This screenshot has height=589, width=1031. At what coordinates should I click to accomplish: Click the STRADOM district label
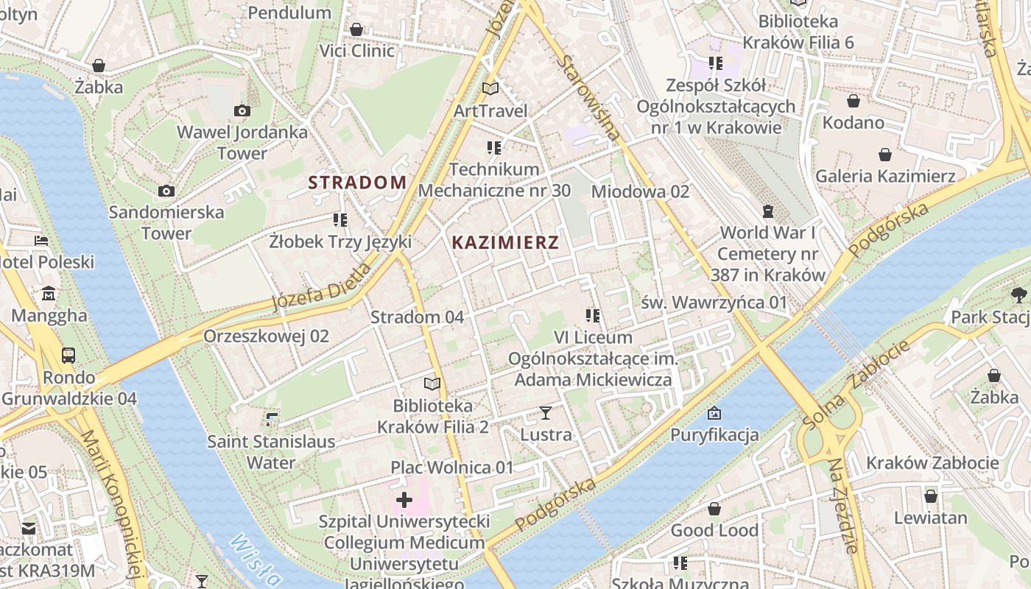(x=357, y=183)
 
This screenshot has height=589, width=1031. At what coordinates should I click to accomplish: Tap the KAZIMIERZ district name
(x=505, y=242)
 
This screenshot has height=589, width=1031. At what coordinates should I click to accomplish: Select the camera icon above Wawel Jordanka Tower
(x=242, y=111)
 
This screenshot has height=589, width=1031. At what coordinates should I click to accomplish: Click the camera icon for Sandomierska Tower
(x=166, y=191)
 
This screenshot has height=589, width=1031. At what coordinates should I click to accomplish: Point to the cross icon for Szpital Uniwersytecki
(x=404, y=501)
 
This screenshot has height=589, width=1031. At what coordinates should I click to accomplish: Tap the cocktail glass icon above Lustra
(x=546, y=413)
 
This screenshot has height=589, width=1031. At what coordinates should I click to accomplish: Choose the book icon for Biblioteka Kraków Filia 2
(x=432, y=384)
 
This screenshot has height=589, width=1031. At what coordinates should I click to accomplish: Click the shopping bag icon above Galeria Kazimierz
(x=885, y=155)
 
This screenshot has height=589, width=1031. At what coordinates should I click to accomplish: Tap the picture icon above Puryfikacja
(x=714, y=413)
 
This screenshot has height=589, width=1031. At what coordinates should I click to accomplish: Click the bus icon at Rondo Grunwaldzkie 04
(x=68, y=356)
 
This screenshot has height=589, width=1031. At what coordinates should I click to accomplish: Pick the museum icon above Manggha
(x=49, y=294)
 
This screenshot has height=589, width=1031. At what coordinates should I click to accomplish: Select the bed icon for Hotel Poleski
(x=41, y=241)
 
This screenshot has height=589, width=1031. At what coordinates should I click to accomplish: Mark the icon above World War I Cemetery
(x=768, y=211)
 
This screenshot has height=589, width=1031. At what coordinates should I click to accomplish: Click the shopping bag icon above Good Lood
(x=714, y=509)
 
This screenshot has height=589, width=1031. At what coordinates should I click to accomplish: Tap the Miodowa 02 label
(x=640, y=191)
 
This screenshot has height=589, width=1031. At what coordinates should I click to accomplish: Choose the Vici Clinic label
(x=356, y=51)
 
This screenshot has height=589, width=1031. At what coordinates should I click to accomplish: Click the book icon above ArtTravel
(x=490, y=89)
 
